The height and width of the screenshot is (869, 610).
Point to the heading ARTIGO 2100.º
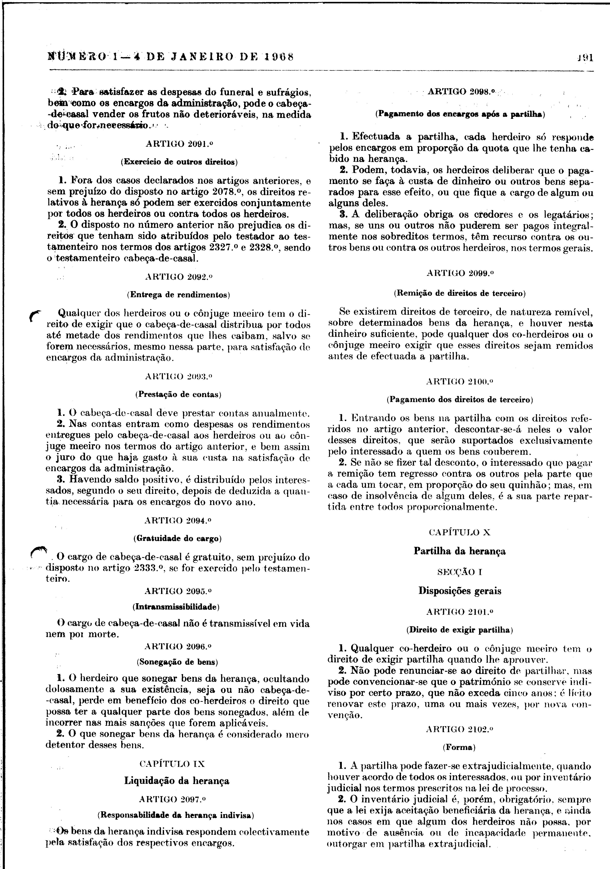[460, 381]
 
